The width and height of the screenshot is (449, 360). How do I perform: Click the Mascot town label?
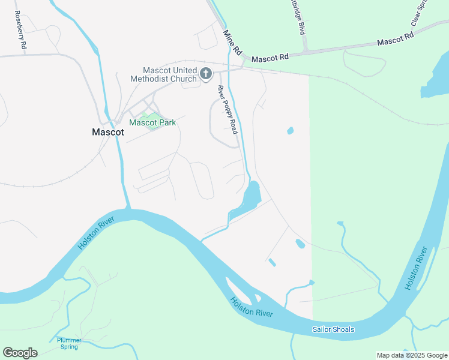pyautogui.click(x=108, y=133)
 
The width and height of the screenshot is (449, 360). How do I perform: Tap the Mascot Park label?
pyautogui.click(x=152, y=122)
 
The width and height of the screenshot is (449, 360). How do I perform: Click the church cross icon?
pyautogui.click(x=206, y=74)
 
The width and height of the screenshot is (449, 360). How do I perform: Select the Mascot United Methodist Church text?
pyautogui.click(x=165, y=74)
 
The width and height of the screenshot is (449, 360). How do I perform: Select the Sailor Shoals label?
pyautogui.click(x=333, y=329)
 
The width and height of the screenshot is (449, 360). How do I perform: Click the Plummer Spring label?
pyautogui.click(x=69, y=343)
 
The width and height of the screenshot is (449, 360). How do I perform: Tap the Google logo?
pyautogui.click(x=20, y=352)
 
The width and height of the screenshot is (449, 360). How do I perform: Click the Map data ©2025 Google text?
pyautogui.click(x=411, y=355)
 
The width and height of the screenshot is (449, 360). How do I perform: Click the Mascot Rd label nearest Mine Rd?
pyautogui.click(x=270, y=58)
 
